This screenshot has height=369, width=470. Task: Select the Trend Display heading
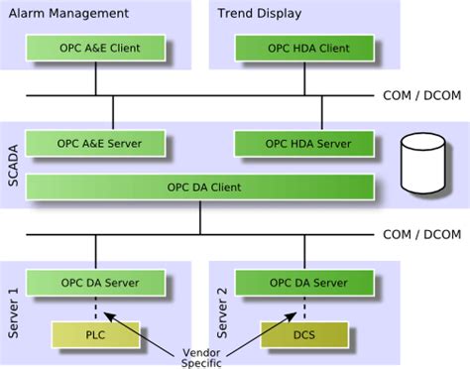(260, 14)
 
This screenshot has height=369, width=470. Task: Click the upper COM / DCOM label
(422, 95)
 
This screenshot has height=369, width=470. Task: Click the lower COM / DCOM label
(422, 234)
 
